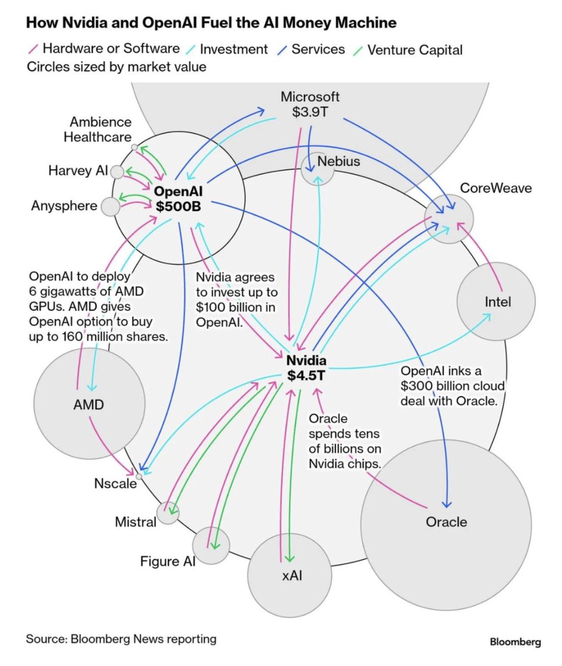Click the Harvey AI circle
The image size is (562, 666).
tap(117, 171)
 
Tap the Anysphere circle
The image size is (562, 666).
tap(111, 206)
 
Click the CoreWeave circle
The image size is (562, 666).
tap(449, 218)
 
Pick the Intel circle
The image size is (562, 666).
tap(496, 301)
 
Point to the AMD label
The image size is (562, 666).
tap(88, 404)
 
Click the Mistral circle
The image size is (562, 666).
tap(168, 513)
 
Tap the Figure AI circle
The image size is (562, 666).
tap(211, 546)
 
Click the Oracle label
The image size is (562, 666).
tap(446, 522)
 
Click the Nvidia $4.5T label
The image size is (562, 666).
tap(306, 368)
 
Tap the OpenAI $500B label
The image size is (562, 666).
tap(178, 199)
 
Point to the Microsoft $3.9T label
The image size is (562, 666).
tap(309, 104)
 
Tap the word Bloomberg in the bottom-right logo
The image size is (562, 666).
tap(515, 642)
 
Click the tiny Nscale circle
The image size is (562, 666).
tap(139, 476)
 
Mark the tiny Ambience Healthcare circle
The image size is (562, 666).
tap(134, 147)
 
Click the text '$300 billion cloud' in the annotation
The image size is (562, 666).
tap(453, 386)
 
